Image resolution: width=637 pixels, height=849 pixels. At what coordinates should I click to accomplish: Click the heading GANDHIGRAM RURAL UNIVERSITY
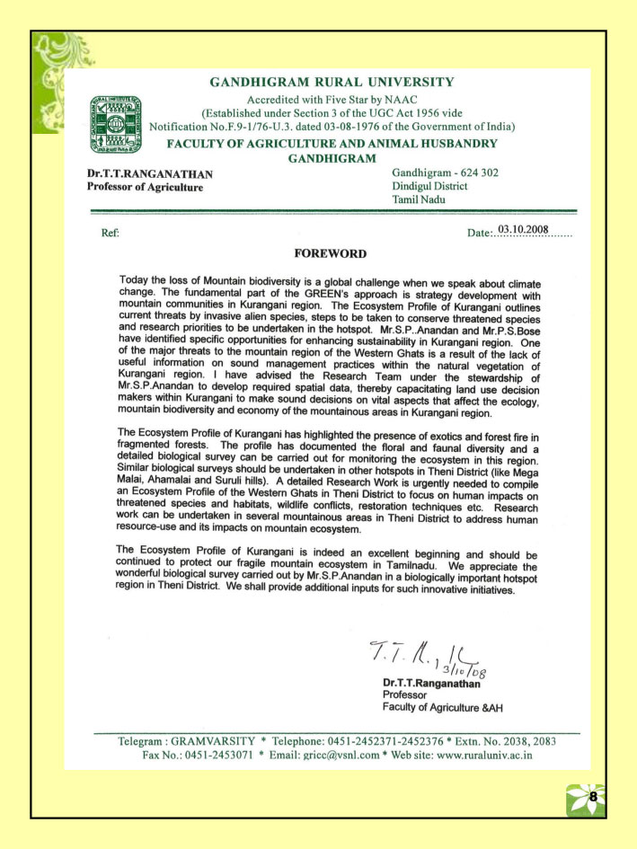click(332, 82)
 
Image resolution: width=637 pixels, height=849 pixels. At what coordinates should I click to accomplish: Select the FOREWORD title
click(330, 253)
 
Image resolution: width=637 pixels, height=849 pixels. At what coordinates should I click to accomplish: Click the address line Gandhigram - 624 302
click(446, 172)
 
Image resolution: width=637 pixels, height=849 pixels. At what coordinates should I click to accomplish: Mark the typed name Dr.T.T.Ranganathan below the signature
click(434, 683)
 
